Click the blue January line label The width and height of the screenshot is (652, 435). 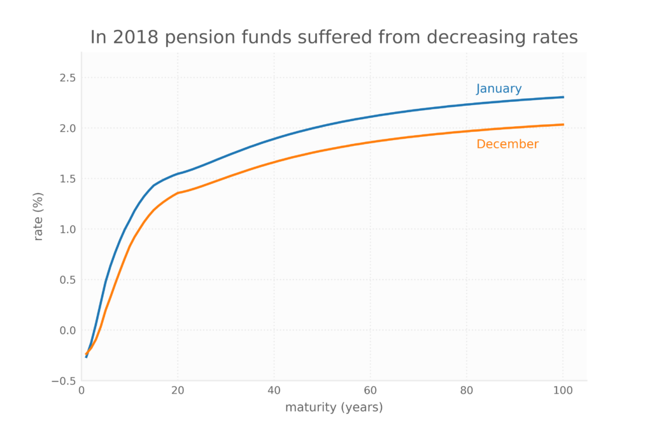[x=499, y=89]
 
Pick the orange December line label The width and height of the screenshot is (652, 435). [x=507, y=145]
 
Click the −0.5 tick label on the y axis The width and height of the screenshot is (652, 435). [x=64, y=381]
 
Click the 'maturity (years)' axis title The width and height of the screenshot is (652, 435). [x=334, y=408]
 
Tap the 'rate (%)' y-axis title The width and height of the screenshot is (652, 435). [x=39, y=216]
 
